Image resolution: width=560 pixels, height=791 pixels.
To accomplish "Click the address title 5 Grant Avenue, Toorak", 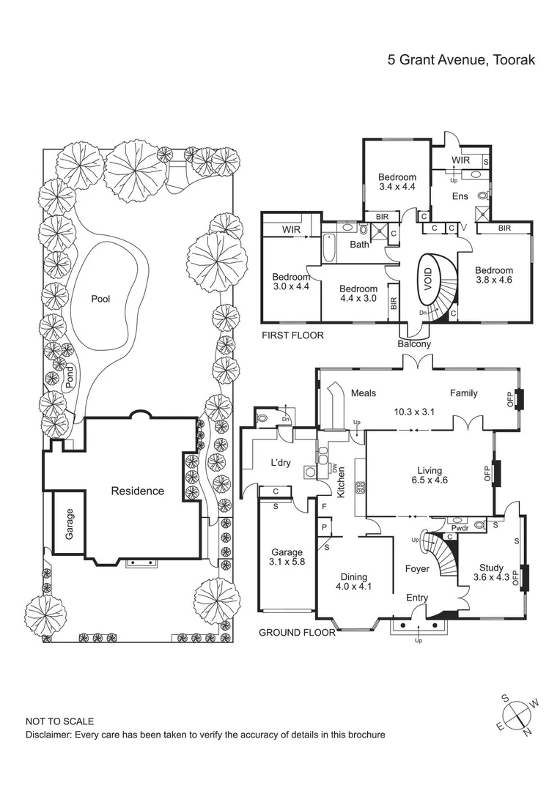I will tap(461, 59).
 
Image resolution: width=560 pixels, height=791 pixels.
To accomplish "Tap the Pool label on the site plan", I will tap(100, 299).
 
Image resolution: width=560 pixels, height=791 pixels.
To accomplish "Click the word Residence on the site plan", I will tap(137, 491).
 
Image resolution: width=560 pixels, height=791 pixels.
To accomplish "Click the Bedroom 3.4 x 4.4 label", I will tap(397, 182).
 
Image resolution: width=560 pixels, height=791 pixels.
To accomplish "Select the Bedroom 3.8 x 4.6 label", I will tap(493, 275).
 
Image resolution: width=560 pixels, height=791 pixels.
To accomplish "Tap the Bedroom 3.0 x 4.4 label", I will tap(291, 282).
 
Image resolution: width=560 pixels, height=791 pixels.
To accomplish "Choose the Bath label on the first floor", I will tap(359, 245).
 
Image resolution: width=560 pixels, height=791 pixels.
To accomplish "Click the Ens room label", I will tap(460, 196).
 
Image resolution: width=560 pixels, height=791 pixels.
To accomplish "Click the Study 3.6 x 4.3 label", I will tap(491, 572).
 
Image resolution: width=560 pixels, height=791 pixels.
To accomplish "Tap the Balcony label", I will tap(414, 343).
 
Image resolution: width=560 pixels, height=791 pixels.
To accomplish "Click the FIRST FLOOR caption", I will tap(292, 335).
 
